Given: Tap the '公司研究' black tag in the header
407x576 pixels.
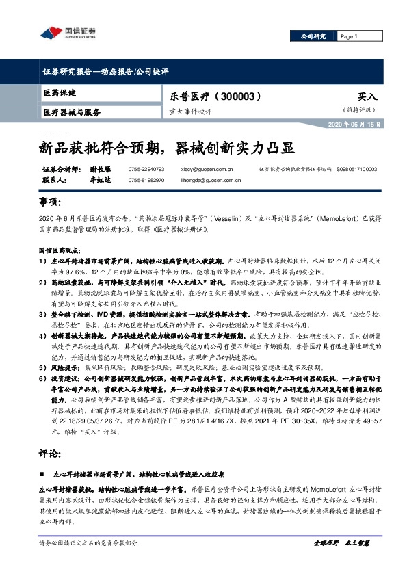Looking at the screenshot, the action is (313, 36).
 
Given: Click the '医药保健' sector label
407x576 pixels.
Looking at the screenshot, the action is (60, 92).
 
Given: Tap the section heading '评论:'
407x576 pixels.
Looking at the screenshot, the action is (52, 453).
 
